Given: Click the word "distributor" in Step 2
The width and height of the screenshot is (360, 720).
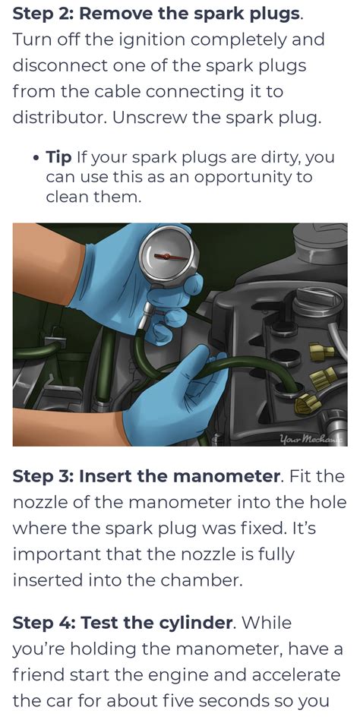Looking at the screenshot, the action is click(59, 118).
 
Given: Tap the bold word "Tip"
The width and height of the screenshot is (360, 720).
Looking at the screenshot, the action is click(58, 157).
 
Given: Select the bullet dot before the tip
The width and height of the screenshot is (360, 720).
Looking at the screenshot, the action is click(36, 159).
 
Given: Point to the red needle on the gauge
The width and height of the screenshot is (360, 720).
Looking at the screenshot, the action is click(171, 256).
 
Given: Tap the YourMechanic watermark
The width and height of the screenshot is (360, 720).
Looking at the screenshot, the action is click(313, 439).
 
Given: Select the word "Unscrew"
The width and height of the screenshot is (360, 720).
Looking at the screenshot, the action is click(149, 118).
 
